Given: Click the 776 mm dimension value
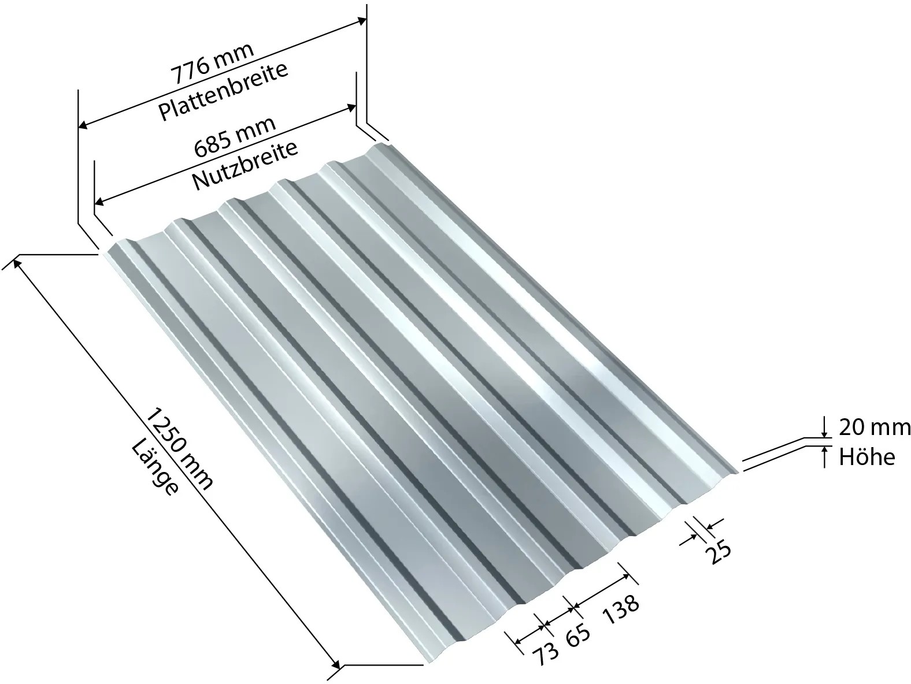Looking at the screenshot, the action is click(212, 63).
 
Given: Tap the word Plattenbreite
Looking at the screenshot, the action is click(223, 92).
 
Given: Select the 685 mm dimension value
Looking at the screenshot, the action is click(235, 136).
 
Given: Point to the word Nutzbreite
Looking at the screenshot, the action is click(245, 165).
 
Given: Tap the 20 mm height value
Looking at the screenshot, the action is click(875, 428).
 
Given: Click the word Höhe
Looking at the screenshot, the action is click(866, 457).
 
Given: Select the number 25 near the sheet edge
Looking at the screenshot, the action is click(719, 551).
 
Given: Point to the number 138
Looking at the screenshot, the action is click(620, 609).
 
